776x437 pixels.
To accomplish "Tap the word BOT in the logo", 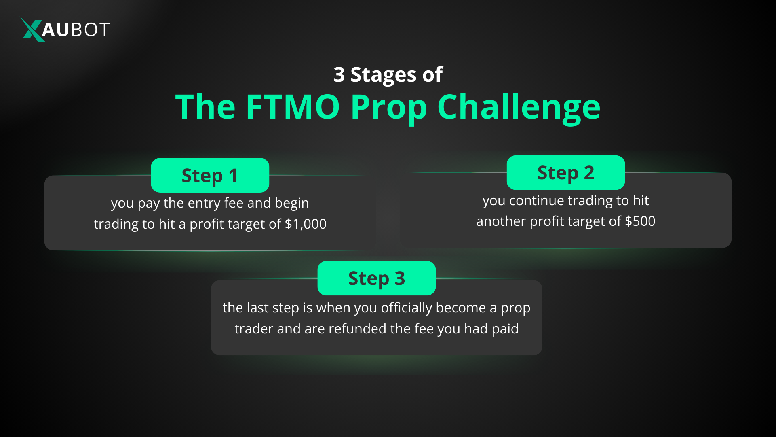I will (x=90, y=30).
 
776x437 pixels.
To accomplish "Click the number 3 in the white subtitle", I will (x=339, y=74).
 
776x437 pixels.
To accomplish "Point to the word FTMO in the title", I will (x=293, y=107).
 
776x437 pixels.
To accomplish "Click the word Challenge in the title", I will (x=519, y=108).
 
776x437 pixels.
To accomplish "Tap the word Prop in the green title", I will (x=388, y=108).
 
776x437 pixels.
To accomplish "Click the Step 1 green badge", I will (x=210, y=175).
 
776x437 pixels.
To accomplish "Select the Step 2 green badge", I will (x=565, y=173).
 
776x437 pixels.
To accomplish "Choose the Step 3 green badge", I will (x=376, y=278).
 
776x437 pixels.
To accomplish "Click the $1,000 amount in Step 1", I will (x=306, y=224).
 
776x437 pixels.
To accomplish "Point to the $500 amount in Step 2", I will (x=640, y=221).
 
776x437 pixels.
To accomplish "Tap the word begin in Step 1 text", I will (x=292, y=203).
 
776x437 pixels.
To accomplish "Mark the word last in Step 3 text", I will (x=257, y=308).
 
